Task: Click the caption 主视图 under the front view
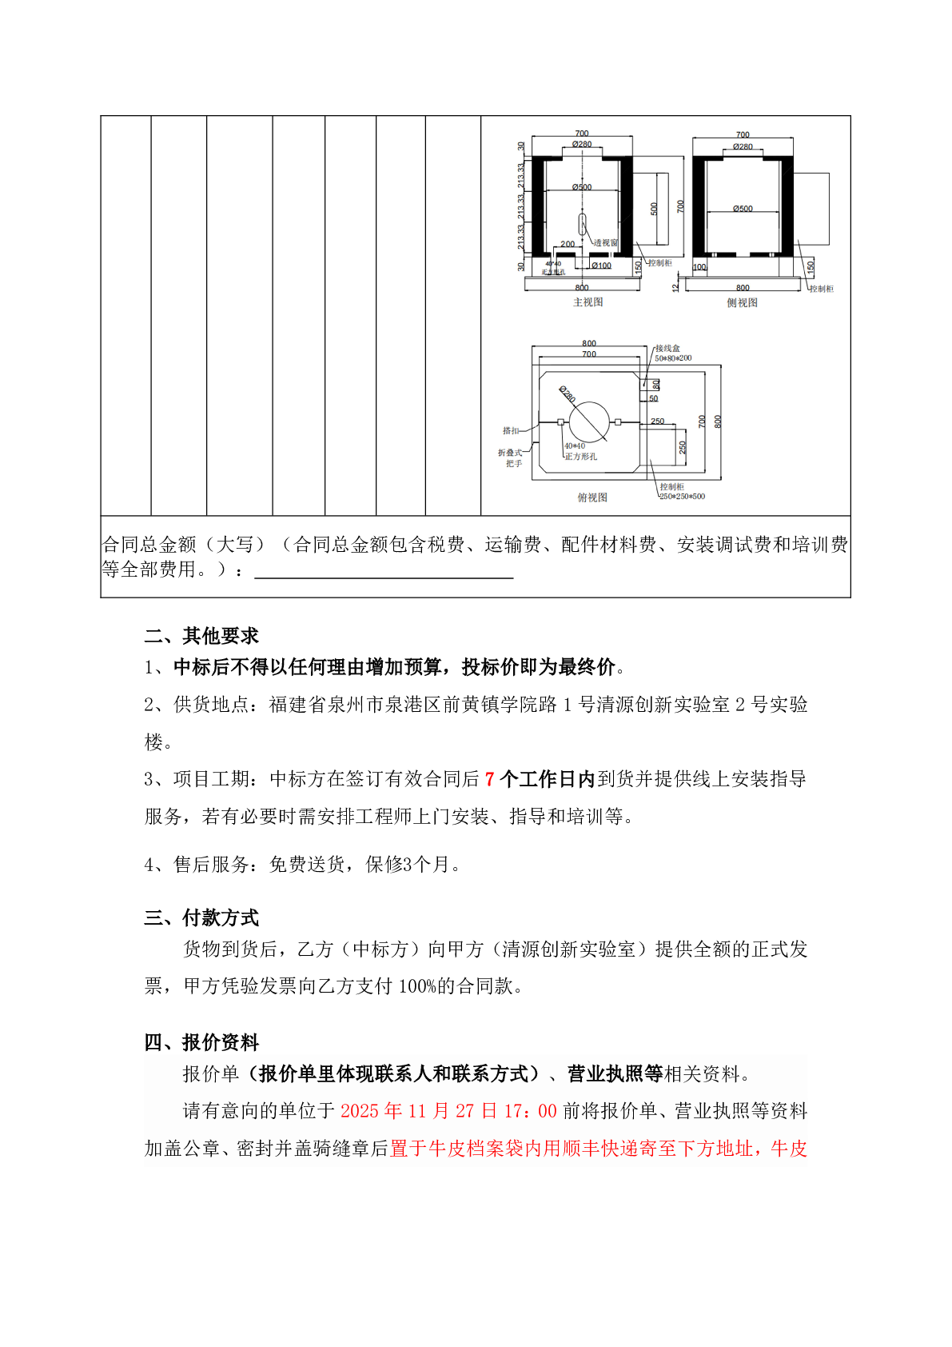point(588,302)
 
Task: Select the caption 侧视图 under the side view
point(742,302)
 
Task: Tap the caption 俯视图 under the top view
point(592,498)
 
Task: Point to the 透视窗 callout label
point(605,242)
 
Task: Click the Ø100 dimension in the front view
point(601,266)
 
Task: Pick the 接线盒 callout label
point(667,349)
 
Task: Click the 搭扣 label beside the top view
point(511,430)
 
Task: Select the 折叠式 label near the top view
point(510,453)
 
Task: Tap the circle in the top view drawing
point(589,421)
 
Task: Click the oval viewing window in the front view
point(583,224)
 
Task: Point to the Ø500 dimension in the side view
point(743,209)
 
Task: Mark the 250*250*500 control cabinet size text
point(682,497)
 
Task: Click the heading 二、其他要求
point(201,636)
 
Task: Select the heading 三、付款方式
point(201,917)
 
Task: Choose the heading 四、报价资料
point(201,1042)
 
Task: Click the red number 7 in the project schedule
point(490,779)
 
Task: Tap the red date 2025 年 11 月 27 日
point(420,1111)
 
